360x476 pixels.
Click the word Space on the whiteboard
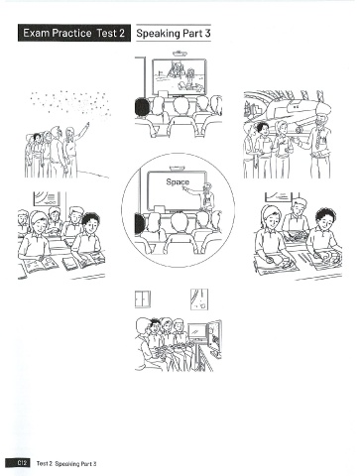[x=178, y=181]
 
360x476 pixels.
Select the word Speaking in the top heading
[x=159, y=34]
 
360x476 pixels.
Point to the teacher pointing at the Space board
[x=205, y=195]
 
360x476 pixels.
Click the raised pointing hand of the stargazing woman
[x=86, y=126]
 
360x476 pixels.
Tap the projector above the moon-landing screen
[x=179, y=53]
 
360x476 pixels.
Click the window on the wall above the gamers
[x=143, y=299]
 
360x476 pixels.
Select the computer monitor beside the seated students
[x=197, y=331]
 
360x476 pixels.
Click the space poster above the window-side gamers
[x=199, y=299]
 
